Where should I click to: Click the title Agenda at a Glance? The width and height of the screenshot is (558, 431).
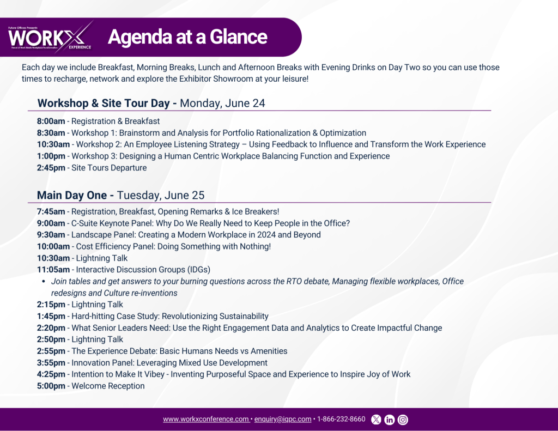click(x=187, y=37)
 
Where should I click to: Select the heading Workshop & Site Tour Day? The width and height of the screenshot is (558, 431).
click(x=107, y=103)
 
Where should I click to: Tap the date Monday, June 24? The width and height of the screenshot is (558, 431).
click(x=222, y=103)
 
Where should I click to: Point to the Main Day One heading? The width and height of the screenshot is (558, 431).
click(x=75, y=195)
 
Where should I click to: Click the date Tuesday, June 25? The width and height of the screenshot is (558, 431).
click(x=161, y=195)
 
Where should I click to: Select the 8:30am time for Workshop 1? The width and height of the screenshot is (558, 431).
click(x=51, y=133)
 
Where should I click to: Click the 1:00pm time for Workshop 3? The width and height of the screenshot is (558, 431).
click(x=51, y=156)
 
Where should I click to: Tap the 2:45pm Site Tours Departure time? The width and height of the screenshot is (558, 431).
click(x=51, y=168)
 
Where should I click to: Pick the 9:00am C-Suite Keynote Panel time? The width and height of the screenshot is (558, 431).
click(x=51, y=223)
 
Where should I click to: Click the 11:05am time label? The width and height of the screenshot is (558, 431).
click(x=53, y=270)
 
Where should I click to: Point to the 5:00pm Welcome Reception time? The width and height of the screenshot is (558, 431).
click(x=51, y=386)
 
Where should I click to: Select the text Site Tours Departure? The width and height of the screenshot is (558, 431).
click(x=109, y=168)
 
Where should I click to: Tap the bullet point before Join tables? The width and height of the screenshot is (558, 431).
click(x=44, y=282)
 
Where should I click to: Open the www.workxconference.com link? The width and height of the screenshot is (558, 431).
click(x=206, y=419)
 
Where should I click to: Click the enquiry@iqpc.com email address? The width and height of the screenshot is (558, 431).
click(x=283, y=419)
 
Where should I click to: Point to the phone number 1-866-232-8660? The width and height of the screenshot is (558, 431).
click(x=341, y=419)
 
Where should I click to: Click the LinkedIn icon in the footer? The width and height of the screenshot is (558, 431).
click(x=390, y=420)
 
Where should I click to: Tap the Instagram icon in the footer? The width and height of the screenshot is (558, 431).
click(x=403, y=420)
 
